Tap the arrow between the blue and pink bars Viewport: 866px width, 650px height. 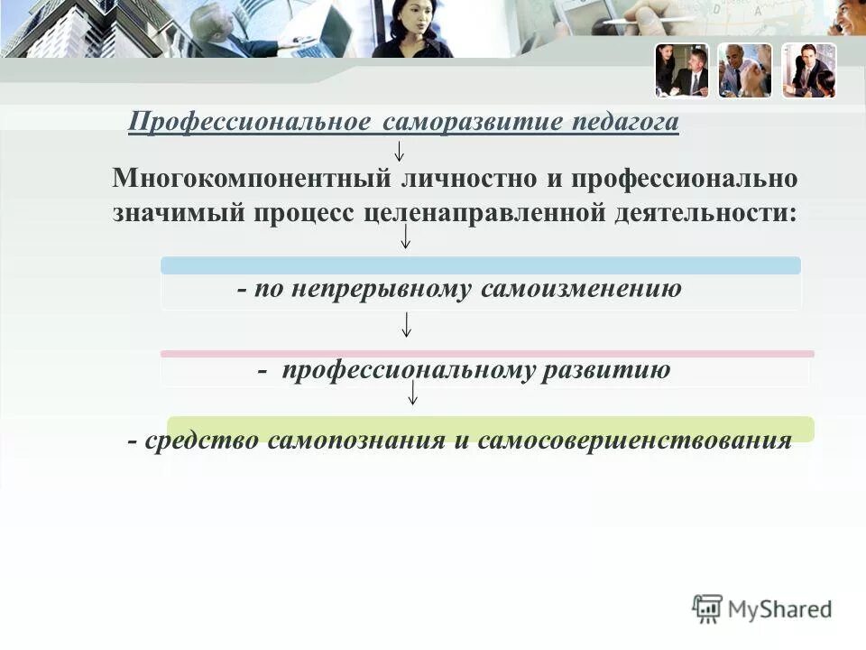[407, 324]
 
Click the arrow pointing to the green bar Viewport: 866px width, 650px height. [412, 393]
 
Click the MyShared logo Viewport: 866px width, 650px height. [762, 609]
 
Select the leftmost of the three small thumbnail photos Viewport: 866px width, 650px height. [682, 70]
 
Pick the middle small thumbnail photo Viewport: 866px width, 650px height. [745, 70]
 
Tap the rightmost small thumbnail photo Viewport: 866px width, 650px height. [808, 70]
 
